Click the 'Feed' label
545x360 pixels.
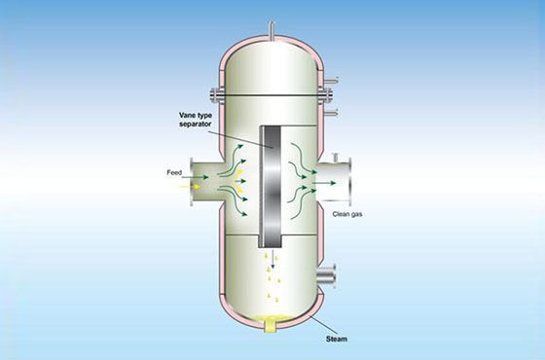(174, 172)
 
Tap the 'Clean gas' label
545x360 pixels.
(347, 214)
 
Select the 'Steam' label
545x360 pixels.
(337, 339)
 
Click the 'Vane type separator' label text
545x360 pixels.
(196, 119)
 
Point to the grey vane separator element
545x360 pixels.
(272, 187)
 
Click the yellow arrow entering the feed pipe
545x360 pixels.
(190, 187)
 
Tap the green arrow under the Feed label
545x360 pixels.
(195, 177)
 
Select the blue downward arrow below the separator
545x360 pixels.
(272, 259)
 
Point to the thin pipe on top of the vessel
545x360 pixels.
(272, 31)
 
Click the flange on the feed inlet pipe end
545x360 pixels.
(191, 182)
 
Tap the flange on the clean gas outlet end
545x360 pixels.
(349, 182)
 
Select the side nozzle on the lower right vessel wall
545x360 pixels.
(327, 276)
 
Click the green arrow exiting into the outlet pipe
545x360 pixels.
(323, 183)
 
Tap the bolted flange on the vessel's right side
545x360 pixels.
(325, 94)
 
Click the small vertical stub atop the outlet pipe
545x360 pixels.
(336, 158)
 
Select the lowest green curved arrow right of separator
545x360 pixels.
(303, 204)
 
